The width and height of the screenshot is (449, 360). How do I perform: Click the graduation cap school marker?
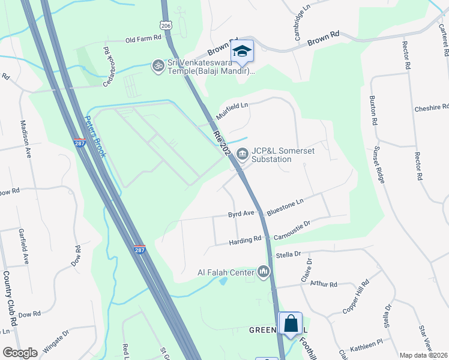[x=243, y=51]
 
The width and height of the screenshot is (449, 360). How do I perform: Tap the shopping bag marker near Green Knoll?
[x=291, y=323]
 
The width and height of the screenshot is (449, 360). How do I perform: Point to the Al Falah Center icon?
[x=264, y=272]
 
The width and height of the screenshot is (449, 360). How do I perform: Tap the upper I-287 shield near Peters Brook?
[x=79, y=143]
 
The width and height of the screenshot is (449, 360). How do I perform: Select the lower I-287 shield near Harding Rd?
[x=140, y=248]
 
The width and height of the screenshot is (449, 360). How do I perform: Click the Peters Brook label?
[x=95, y=136]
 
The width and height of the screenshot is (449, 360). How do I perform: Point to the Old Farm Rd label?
[x=144, y=38]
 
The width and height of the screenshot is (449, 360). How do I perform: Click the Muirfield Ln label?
[x=232, y=109]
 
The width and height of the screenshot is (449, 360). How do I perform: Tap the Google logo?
[x=20, y=353]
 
